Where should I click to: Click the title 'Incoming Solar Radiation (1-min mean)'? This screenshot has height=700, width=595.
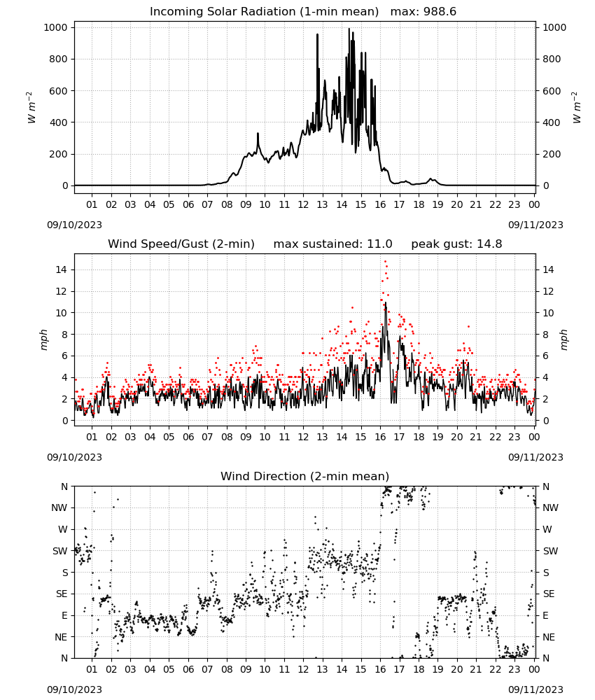(x=264, y=11)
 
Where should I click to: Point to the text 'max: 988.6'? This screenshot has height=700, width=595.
(x=423, y=11)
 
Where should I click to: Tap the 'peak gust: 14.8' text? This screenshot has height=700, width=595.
(x=456, y=244)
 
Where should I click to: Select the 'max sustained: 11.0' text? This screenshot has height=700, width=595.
(x=332, y=244)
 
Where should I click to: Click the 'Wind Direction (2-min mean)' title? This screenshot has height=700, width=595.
(x=305, y=476)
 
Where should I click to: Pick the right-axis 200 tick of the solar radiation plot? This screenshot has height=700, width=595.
(x=552, y=154)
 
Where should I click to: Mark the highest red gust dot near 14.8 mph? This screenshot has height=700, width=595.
(x=385, y=262)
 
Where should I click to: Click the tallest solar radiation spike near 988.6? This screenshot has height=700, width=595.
(x=349, y=29)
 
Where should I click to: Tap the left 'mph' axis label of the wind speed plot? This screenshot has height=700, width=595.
(x=43, y=339)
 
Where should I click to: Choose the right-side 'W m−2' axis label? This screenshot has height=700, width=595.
(x=576, y=107)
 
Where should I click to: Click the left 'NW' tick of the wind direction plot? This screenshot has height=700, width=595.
(x=59, y=507)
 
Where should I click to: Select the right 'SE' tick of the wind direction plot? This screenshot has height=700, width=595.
(x=549, y=594)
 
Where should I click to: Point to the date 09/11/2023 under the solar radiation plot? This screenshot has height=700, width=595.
(x=535, y=225)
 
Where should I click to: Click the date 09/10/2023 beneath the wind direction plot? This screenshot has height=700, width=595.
(x=74, y=689)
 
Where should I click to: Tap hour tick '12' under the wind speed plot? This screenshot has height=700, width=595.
(x=303, y=437)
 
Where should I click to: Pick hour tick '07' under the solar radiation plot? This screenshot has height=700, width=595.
(x=207, y=204)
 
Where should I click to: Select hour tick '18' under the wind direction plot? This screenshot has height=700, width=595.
(x=419, y=669)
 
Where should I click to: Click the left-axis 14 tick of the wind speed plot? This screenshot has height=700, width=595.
(x=62, y=269)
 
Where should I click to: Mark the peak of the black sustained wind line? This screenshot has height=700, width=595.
(x=385, y=302)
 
